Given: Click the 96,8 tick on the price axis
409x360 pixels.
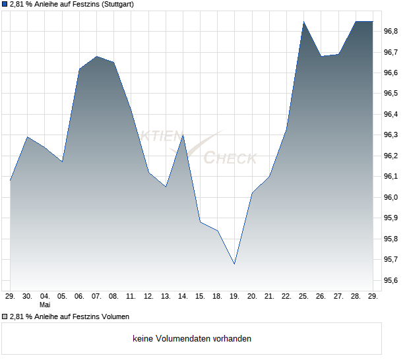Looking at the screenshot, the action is pos(391,31).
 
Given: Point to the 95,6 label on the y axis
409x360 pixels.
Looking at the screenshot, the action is pos(391,280).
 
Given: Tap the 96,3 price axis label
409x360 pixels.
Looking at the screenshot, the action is pos(391,135).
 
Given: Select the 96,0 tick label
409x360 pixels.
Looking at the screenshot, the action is pos(391,197).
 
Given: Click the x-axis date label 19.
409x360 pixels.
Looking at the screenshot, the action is pos(234,297).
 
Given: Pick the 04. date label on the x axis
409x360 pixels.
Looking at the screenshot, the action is pos(45,297).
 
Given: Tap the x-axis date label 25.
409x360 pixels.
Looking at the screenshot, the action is pos(303,297).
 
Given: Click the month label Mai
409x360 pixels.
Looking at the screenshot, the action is pos(45,305).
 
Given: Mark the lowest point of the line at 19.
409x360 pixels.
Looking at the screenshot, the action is pos(234,264).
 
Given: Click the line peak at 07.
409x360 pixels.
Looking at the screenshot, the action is pos(97,56).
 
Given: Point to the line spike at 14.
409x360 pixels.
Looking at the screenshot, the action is pos(183,135).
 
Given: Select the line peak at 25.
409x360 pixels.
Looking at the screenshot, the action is pos(303,22).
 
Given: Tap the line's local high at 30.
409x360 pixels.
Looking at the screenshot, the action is pos(28,137).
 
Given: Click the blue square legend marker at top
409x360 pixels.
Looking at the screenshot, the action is pos(5,4).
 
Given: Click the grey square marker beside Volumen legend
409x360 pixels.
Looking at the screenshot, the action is pos(5,316).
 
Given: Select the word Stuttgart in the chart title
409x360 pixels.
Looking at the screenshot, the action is pos(117,5).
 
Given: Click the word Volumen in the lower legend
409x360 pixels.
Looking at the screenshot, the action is pos(115,316).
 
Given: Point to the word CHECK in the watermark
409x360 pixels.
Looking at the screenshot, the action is pos(230,158).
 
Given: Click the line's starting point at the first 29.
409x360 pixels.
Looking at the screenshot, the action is pos(10,181).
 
